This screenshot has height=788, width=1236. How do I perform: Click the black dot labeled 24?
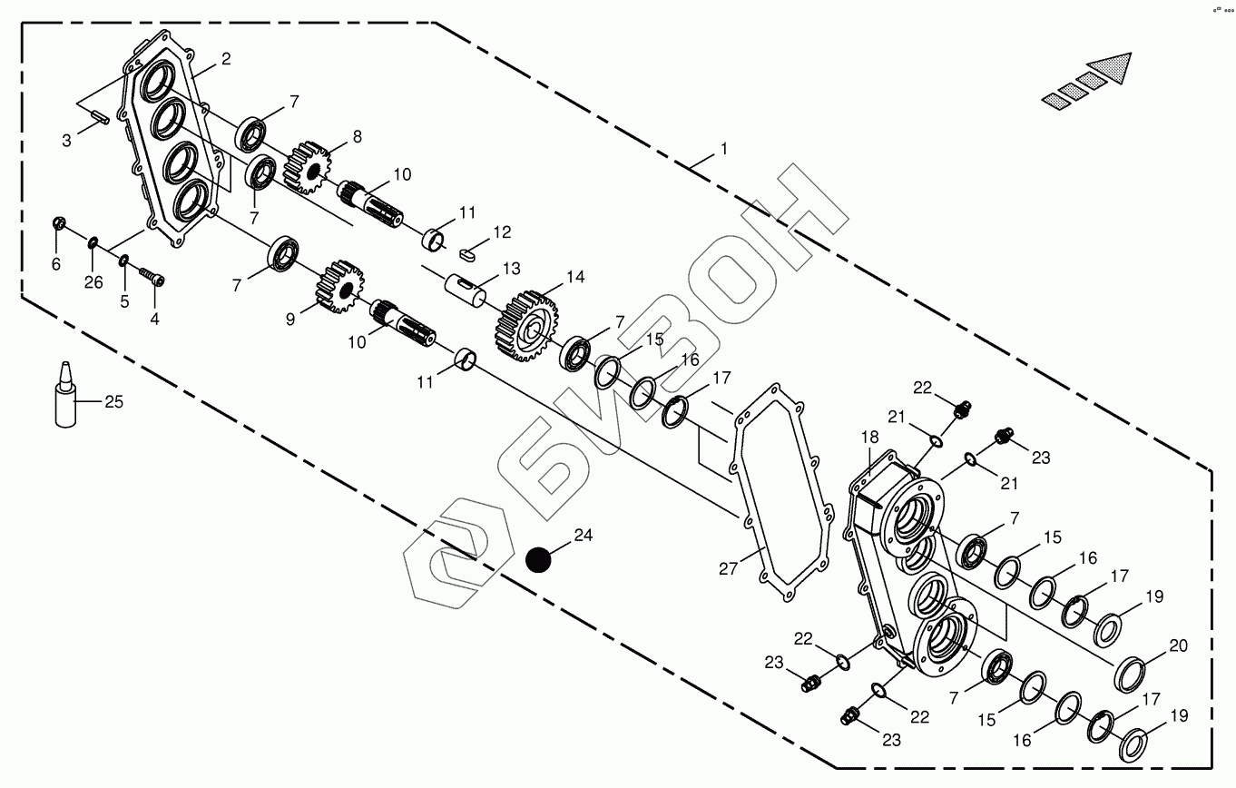(539, 560)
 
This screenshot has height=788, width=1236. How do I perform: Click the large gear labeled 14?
(525, 325)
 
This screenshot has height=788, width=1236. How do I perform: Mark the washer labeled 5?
(123, 261)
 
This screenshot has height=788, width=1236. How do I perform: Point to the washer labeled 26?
(93, 241)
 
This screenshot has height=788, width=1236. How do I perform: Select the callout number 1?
(724, 148)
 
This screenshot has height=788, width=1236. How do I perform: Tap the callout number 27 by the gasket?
(730, 569)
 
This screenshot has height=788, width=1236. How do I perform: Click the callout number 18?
(870, 437)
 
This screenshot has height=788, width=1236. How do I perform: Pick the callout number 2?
(225, 59)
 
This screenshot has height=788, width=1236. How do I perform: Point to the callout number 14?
(575, 277)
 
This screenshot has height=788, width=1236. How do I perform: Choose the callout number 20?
(1178, 646)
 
